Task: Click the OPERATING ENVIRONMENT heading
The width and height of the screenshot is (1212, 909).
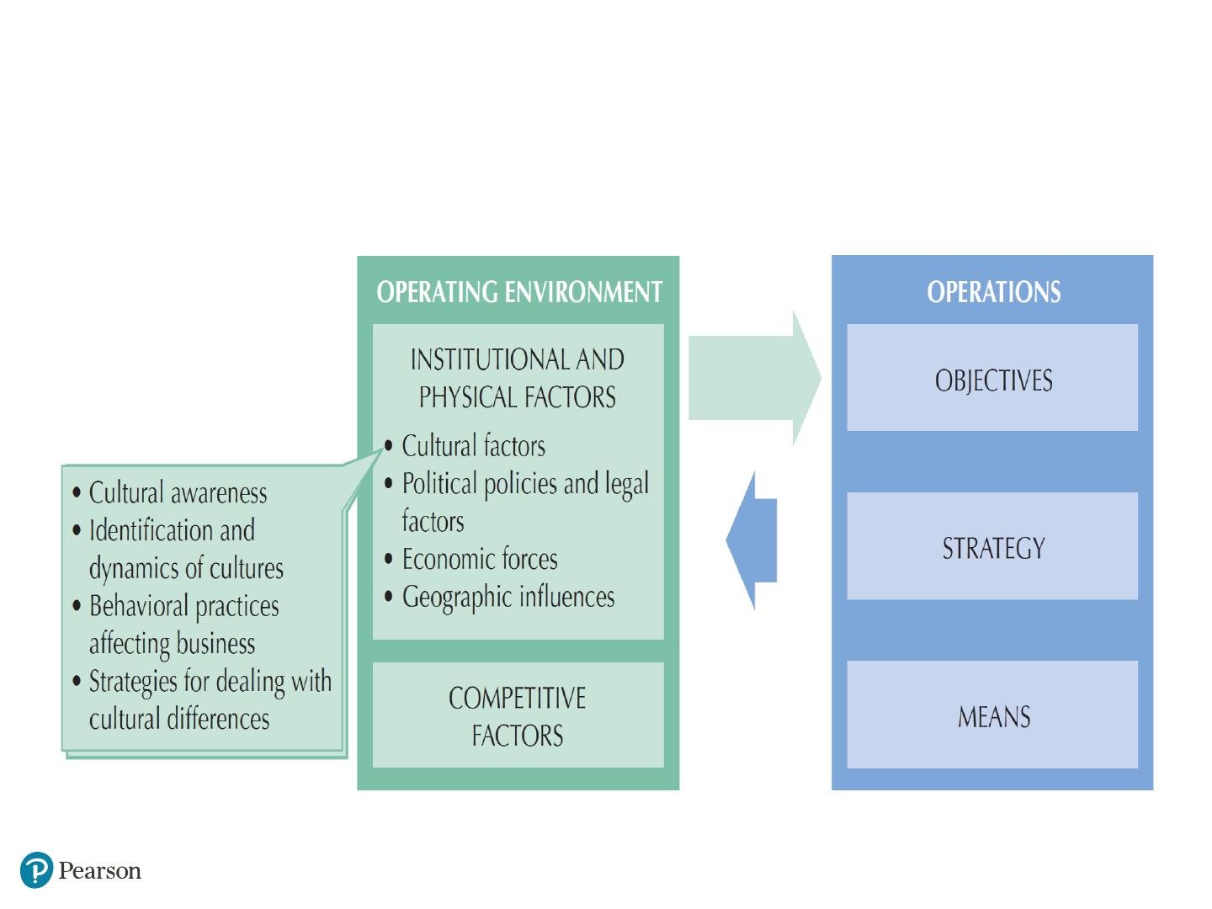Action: click(x=519, y=291)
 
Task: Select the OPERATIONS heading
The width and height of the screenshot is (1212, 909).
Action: click(x=993, y=291)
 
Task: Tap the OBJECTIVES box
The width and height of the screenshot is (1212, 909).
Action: click(x=992, y=378)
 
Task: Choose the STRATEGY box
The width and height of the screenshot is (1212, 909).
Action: click(x=992, y=546)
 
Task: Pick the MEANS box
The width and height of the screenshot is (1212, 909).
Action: click(x=992, y=715)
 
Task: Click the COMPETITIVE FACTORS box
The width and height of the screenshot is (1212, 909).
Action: click(x=518, y=715)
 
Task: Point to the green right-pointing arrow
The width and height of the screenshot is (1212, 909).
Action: click(x=755, y=378)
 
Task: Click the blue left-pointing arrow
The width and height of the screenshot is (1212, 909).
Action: click(x=752, y=540)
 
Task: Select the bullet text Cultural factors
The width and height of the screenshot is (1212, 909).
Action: click(x=473, y=445)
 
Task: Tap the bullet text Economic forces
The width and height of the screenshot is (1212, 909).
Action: click(x=480, y=559)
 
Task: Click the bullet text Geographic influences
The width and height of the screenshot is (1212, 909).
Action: click(x=508, y=598)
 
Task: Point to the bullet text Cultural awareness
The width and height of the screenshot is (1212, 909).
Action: click(x=178, y=492)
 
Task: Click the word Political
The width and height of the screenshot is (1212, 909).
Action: click(x=439, y=483)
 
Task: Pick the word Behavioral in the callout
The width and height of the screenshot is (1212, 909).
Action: click(x=139, y=605)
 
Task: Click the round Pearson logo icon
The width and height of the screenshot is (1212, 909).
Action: click(x=36, y=870)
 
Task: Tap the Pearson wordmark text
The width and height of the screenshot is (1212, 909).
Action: click(x=100, y=871)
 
